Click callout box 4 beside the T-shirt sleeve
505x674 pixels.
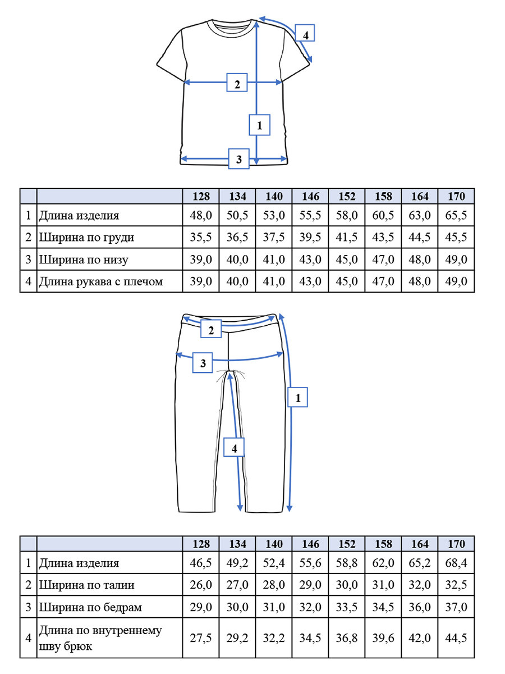click(305, 33)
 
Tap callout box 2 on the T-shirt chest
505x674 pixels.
click(237, 83)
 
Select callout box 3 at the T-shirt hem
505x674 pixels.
click(238, 159)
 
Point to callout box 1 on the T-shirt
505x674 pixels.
click(259, 125)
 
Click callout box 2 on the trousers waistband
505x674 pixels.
click(211, 329)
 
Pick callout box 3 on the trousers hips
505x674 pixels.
click(203, 363)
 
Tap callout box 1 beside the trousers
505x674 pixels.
click(298, 397)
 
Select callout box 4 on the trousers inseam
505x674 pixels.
click(234, 447)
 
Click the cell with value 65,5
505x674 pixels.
click(456, 215)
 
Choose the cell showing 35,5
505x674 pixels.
click(201, 237)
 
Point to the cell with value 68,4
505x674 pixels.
click(456, 563)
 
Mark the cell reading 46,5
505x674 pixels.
click(201, 563)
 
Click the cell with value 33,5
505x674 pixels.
click(347, 607)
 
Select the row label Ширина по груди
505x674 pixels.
click(86, 237)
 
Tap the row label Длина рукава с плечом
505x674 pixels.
click(101, 281)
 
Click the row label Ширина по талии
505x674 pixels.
click(87, 585)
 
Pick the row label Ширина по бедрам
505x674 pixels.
click(90, 607)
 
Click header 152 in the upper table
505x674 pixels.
click(347, 196)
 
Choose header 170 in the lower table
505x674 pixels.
click(456, 544)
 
